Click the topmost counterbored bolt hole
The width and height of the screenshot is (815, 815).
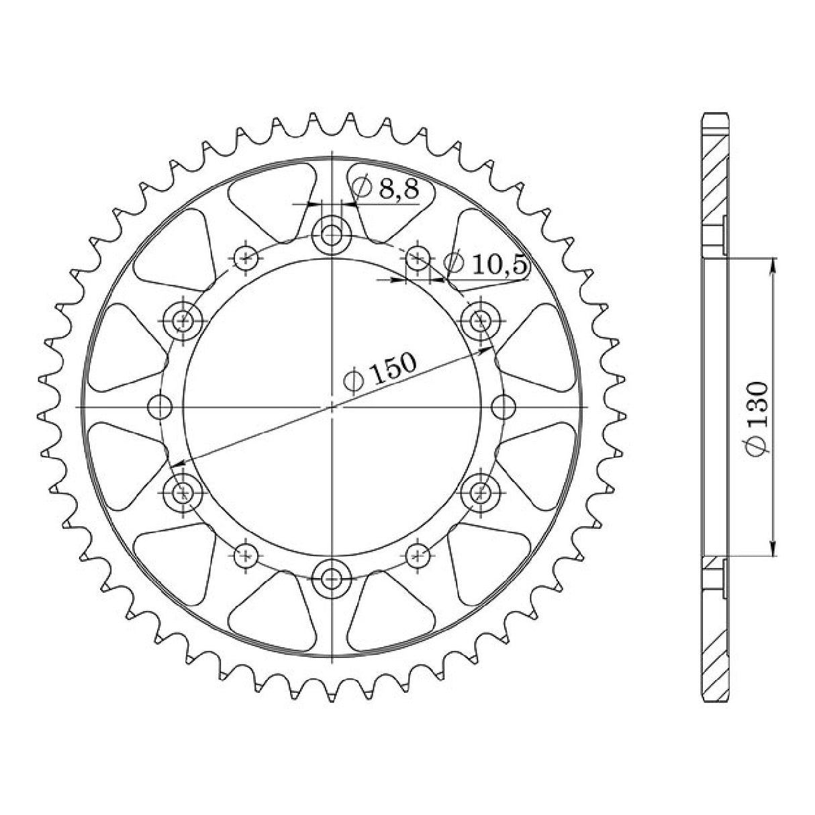(x=332, y=236)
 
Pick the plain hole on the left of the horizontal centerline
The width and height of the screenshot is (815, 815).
(x=160, y=407)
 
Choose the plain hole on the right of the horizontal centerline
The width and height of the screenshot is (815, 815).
(x=504, y=407)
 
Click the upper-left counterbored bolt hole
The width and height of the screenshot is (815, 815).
(x=183, y=321)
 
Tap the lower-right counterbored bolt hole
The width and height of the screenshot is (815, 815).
(x=480, y=493)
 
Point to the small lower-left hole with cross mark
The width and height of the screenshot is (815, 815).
(x=246, y=555)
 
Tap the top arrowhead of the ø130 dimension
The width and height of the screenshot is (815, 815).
(x=774, y=265)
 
